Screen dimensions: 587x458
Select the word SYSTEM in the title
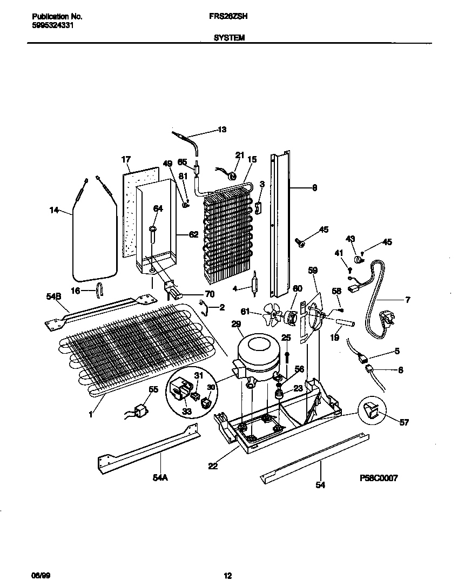(x=228, y=38)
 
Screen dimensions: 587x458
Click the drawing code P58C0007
(x=378, y=478)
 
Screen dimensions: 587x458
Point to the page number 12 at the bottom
(x=228, y=576)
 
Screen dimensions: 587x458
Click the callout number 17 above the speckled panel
(x=126, y=159)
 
